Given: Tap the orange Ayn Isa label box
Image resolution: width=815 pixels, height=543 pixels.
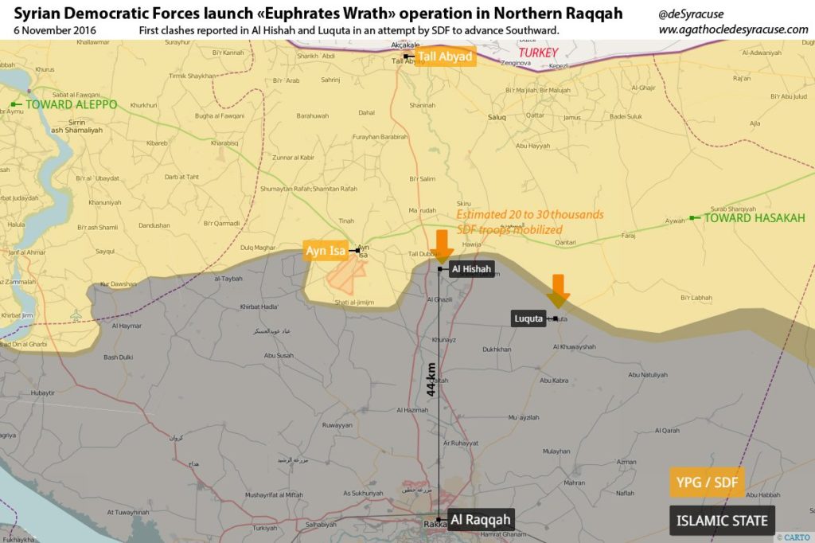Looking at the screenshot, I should tap(326, 251).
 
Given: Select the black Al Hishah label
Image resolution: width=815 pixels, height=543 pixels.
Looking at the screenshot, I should tap(472, 269).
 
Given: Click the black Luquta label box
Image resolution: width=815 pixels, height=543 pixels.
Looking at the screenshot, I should tap(528, 318).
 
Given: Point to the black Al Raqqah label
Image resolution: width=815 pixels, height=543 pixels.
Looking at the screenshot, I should tap(479, 520).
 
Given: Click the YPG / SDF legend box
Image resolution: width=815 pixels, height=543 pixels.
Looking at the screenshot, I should tap(707, 482).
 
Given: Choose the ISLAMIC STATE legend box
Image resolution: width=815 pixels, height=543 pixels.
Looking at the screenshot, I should tap(722, 521).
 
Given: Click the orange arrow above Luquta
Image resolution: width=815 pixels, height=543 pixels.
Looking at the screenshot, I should tap(558, 291).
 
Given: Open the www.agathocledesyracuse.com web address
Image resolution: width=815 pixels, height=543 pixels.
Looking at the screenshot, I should tap(733, 29).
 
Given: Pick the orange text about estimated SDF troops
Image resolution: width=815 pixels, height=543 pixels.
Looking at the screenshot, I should tap(530, 222).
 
